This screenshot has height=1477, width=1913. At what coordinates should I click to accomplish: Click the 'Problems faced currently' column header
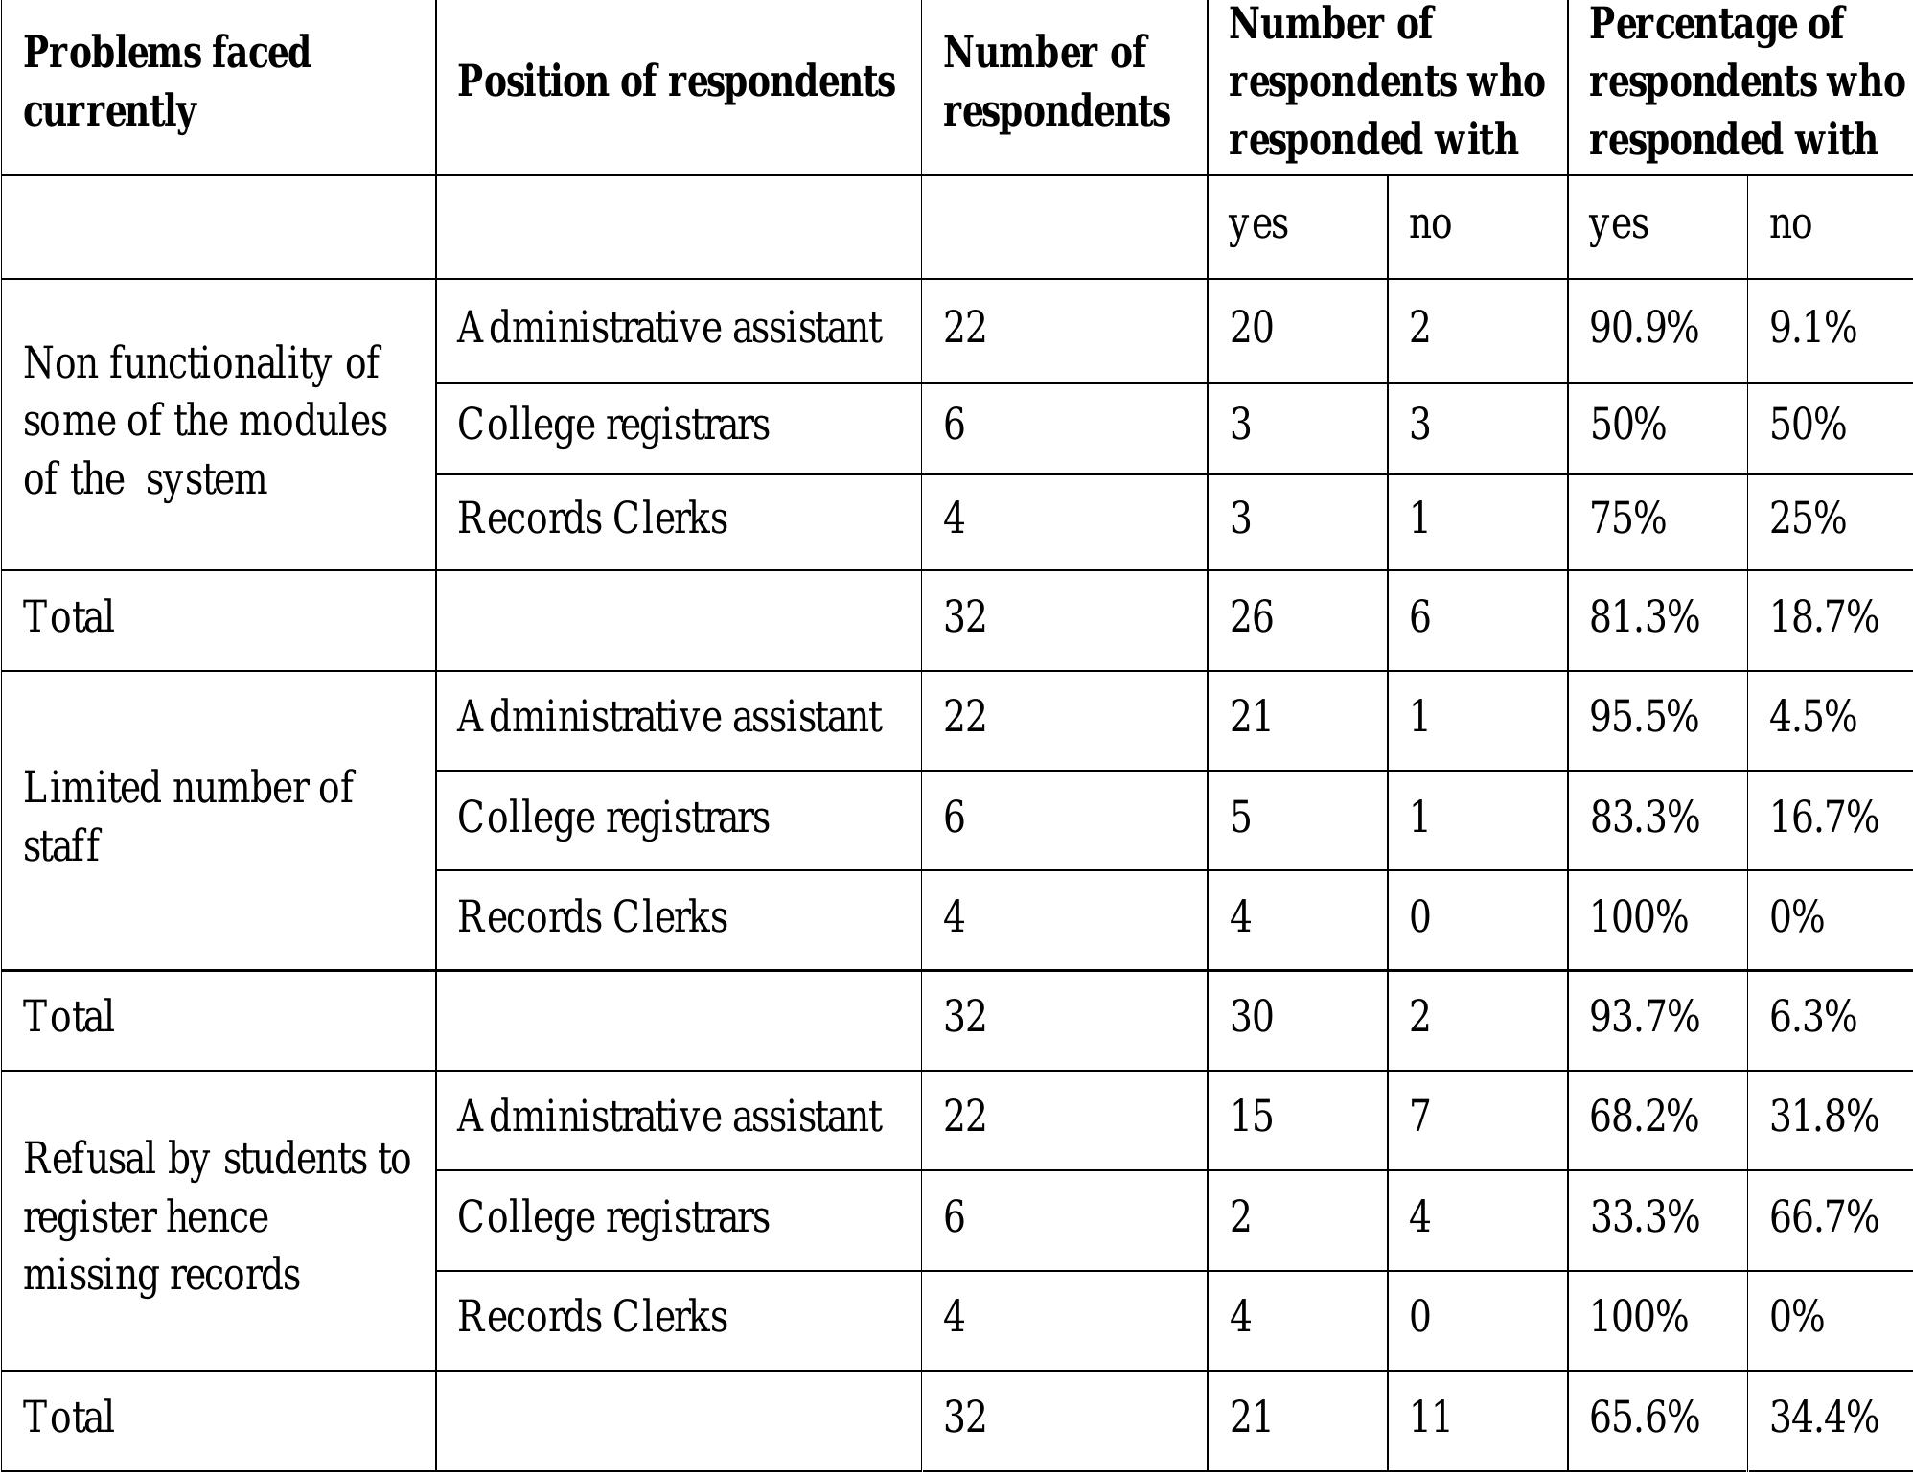[x=167, y=81]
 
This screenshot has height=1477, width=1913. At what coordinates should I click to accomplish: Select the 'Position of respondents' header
[x=676, y=81]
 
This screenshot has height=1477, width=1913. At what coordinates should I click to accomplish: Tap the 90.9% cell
[x=1644, y=328]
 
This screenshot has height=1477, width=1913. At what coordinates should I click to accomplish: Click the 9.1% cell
[x=1812, y=328]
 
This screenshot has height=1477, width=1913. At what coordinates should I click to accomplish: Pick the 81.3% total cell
[x=1644, y=616]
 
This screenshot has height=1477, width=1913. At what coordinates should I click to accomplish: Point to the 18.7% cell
[x=1823, y=616]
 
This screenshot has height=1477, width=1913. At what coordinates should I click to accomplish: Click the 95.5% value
[x=1644, y=717]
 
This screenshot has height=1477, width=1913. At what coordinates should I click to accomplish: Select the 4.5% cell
[x=1812, y=717]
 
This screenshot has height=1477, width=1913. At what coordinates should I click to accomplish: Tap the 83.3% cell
[x=1644, y=818]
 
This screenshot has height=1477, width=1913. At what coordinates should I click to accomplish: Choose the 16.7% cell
[x=1823, y=818]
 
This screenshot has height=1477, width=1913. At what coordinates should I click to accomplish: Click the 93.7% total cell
[x=1644, y=1016]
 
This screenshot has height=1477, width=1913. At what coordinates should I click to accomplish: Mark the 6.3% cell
[x=1812, y=1016]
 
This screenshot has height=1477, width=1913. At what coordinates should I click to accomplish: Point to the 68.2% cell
[x=1644, y=1117]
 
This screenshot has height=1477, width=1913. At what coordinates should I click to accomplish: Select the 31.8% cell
[x=1823, y=1117]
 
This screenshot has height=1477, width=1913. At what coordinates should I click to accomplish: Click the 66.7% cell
[x=1823, y=1217]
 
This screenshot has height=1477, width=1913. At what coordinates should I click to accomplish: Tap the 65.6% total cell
[x=1644, y=1417]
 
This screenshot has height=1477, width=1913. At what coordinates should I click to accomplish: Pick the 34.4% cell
[x=1823, y=1417]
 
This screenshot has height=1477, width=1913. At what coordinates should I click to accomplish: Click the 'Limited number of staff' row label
[x=188, y=817]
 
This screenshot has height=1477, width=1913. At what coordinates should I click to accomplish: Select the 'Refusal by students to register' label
[x=217, y=1216]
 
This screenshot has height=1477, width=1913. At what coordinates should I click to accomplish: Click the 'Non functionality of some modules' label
[x=204, y=421]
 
